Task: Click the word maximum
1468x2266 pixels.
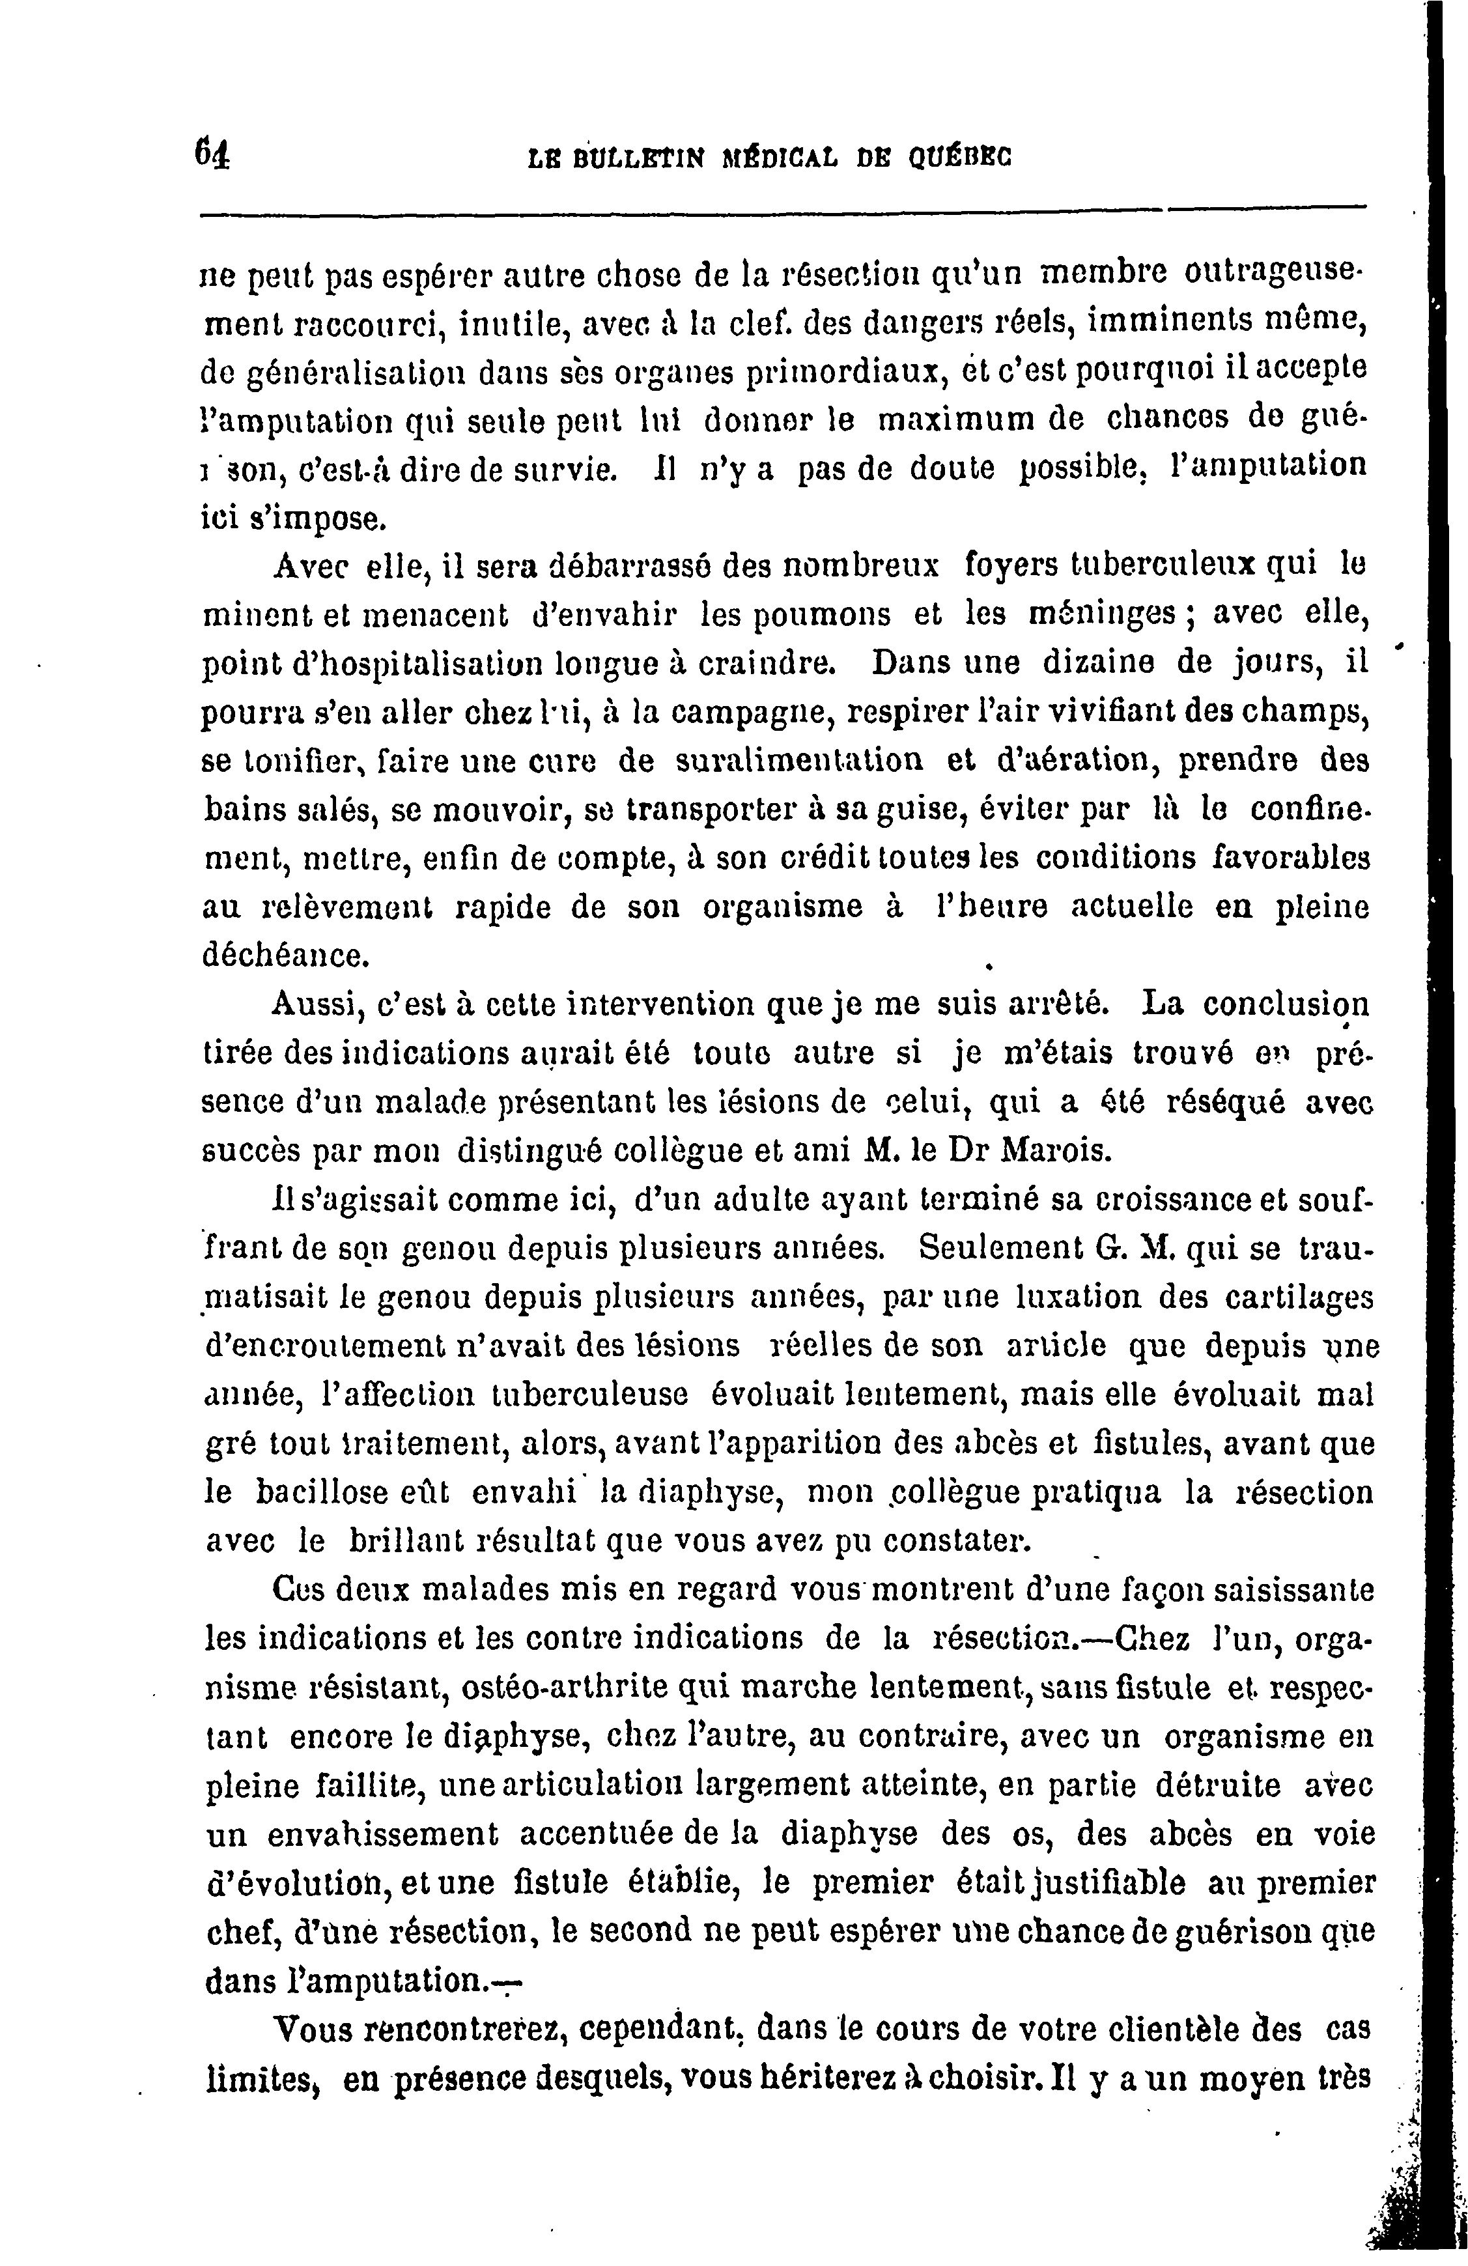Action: click(x=955, y=418)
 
